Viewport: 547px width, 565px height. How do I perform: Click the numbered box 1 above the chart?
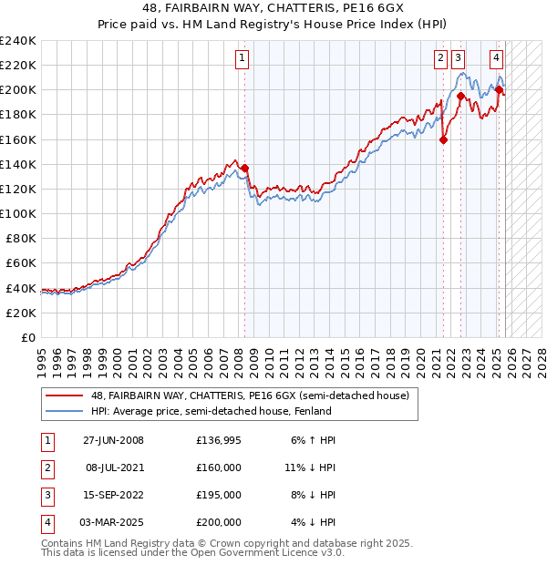pyautogui.click(x=243, y=58)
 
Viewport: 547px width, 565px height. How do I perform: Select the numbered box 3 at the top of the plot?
pyautogui.click(x=457, y=58)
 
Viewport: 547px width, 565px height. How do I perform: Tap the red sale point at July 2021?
pyautogui.click(x=444, y=139)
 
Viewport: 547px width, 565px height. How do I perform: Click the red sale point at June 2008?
pyautogui.click(x=245, y=168)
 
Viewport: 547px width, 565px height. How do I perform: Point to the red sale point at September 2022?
pyautogui.click(x=461, y=96)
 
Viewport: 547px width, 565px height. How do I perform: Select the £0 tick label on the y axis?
pyautogui.click(x=27, y=337)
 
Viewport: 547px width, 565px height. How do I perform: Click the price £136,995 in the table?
pyautogui.click(x=219, y=440)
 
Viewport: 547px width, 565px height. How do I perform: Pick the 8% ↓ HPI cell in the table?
pyautogui.click(x=310, y=497)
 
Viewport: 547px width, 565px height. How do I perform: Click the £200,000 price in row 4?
pyautogui.click(x=219, y=523)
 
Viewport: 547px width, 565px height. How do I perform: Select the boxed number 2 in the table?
pyautogui.click(x=46, y=467)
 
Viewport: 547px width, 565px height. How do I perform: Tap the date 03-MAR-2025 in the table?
pyautogui.click(x=113, y=523)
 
